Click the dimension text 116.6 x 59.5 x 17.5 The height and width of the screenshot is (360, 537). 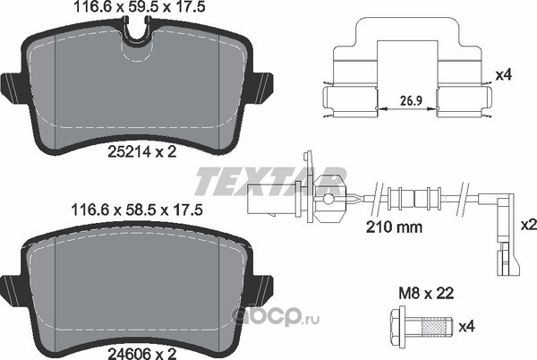(x=140, y=7)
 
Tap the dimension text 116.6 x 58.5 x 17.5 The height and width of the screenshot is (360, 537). (x=137, y=210)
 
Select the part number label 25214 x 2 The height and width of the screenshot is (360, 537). (x=142, y=151)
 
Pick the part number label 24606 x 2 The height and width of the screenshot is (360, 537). (x=142, y=354)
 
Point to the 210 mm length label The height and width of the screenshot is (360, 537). (x=394, y=227)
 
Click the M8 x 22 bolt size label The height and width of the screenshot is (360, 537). (x=426, y=293)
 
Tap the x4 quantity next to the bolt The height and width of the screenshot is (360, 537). (x=467, y=327)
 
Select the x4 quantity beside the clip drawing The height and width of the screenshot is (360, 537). (x=504, y=74)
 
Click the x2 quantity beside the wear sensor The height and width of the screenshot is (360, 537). (x=528, y=225)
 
